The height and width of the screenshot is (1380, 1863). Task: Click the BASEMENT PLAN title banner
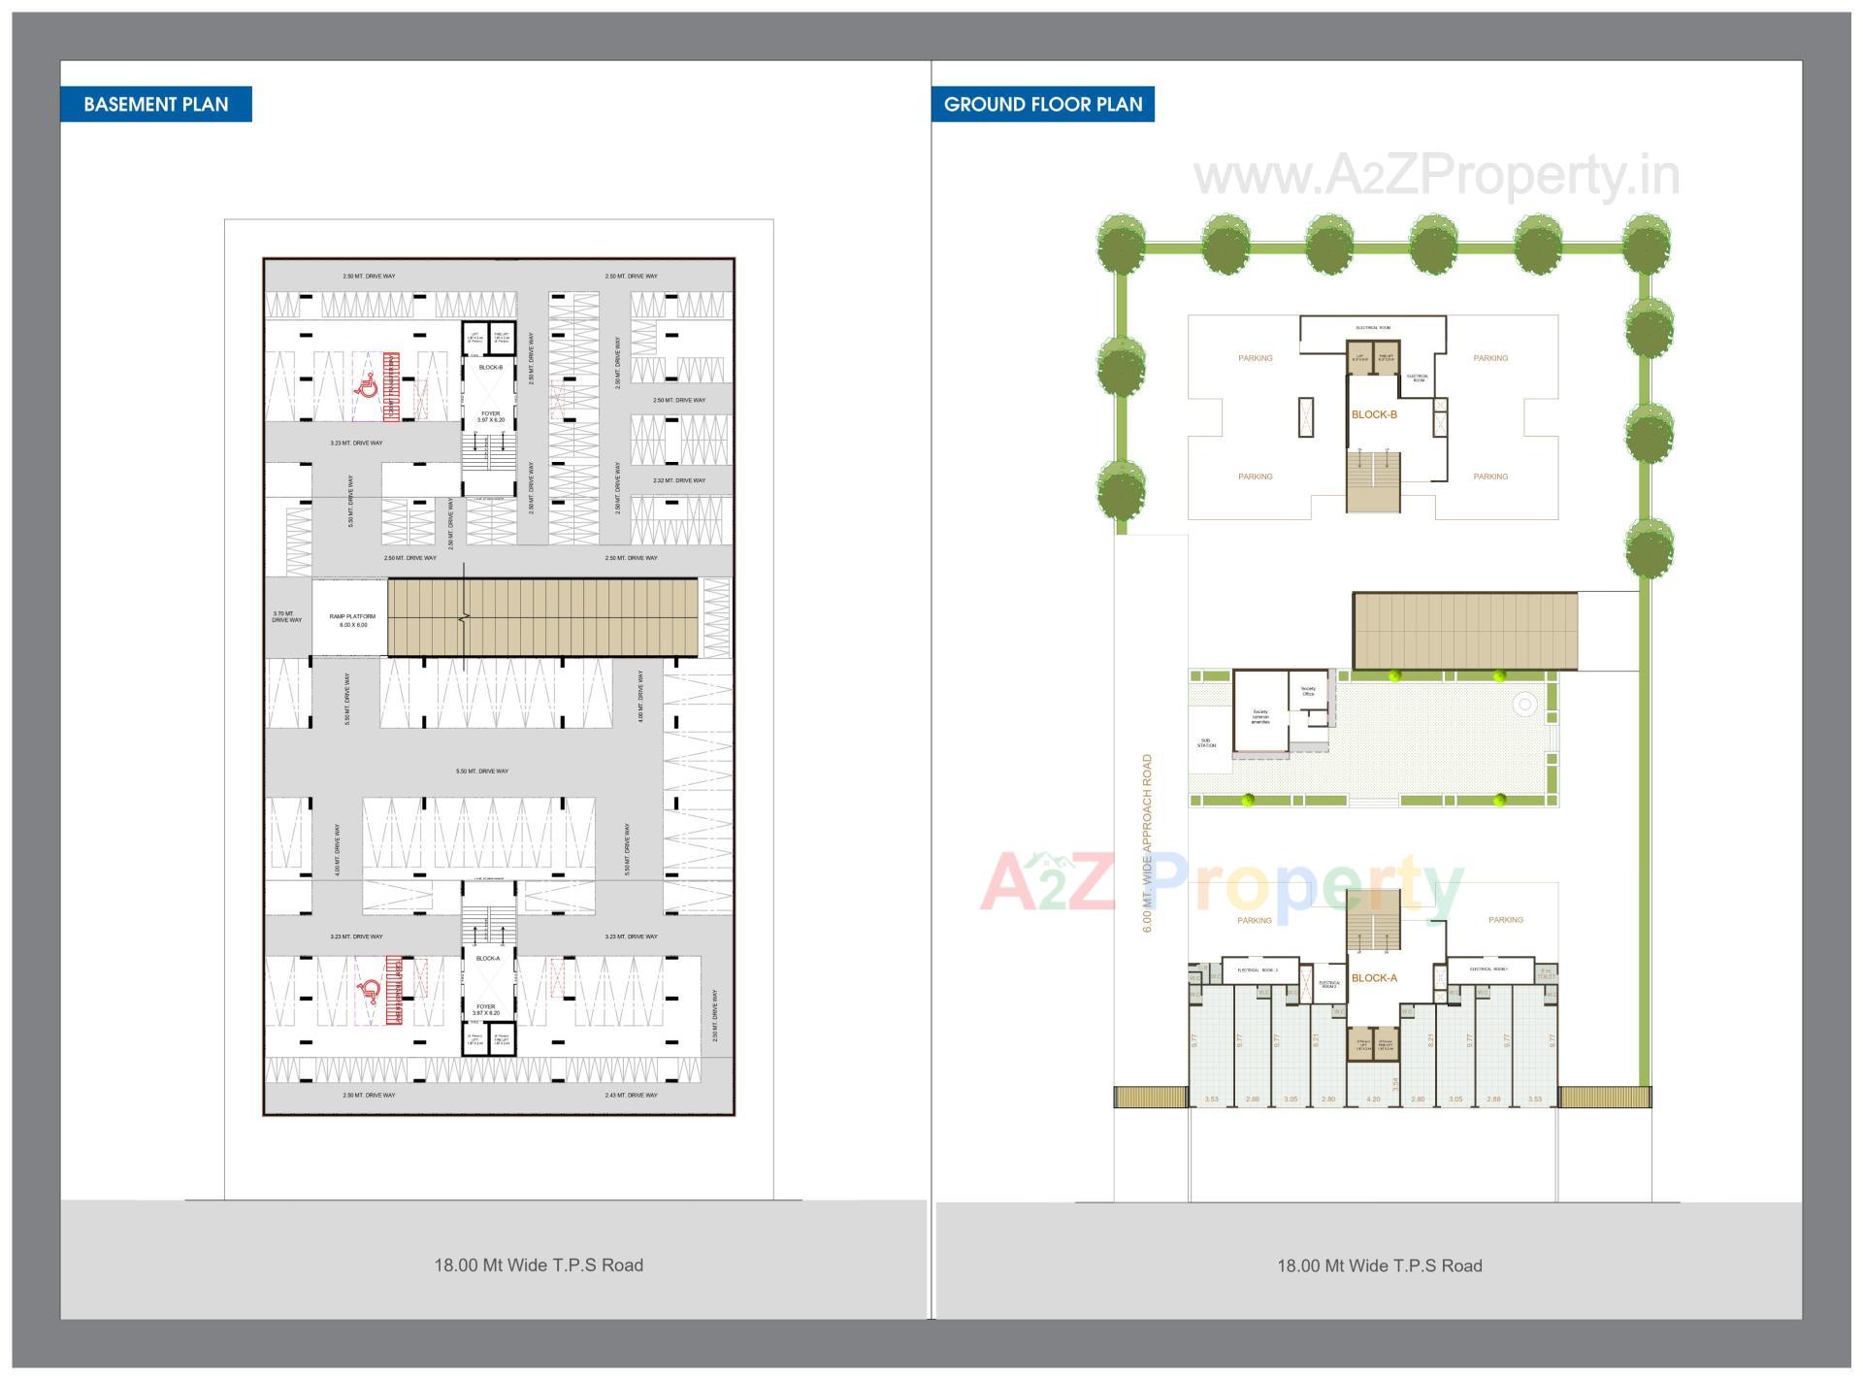tap(155, 105)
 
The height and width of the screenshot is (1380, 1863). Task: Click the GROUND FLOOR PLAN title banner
tap(1043, 105)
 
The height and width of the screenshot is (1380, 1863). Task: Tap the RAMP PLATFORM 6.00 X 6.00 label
tap(352, 620)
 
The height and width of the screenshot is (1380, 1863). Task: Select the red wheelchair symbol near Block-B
tap(368, 388)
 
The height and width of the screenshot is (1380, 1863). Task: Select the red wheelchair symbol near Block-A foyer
tap(369, 991)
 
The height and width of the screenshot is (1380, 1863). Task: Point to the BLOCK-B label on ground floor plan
tap(1374, 414)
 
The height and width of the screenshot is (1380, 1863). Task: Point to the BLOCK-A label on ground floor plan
tap(1374, 978)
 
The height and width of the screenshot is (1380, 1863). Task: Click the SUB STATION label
tap(1206, 743)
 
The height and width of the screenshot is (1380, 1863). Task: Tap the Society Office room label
tap(1308, 691)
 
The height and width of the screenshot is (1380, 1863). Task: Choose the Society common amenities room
tap(1259, 717)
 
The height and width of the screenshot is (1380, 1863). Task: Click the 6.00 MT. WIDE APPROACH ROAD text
tap(1147, 843)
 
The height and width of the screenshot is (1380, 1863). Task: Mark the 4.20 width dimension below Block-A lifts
tap(1373, 1100)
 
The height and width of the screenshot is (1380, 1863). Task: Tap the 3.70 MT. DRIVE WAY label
tap(286, 616)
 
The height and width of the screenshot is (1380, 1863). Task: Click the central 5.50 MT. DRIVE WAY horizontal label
tap(482, 772)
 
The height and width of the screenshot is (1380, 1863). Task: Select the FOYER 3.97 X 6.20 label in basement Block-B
tap(491, 416)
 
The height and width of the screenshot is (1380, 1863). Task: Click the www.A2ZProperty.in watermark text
tap(1436, 176)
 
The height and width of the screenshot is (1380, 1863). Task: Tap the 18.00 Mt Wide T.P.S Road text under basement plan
tap(539, 1265)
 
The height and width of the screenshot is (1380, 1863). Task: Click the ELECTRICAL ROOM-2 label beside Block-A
tap(1329, 984)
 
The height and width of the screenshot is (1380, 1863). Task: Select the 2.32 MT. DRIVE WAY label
tap(678, 480)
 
